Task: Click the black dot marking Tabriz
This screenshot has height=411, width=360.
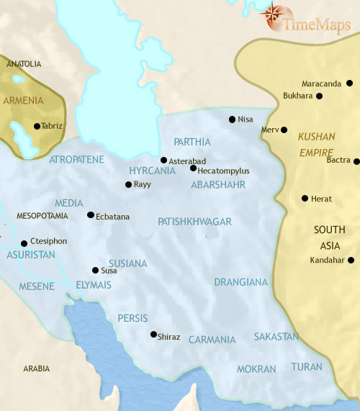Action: (x=37, y=126)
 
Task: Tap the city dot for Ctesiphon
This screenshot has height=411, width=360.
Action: (x=24, y=243)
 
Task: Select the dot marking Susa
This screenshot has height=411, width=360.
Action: (x=95, y=271)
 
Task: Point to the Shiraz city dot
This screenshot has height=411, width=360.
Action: (x=153, y=334)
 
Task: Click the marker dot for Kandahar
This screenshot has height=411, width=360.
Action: (x=351, y=260)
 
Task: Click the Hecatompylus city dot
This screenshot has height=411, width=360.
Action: (x=193, y=168)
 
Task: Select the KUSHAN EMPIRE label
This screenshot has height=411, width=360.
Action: (x=317, y=144)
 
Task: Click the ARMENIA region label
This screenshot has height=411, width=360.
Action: (x=24, y=100)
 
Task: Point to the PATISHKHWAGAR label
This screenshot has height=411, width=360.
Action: (x=194, y=222)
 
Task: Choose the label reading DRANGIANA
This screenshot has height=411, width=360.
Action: (x=240, y=282)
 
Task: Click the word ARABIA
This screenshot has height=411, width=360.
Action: (x=37, y=369)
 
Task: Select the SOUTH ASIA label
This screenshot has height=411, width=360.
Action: (x=330, y=237)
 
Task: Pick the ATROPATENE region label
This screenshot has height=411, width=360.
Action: (x=77, y=159)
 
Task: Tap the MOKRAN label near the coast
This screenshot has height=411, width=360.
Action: (x=257, y=369)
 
